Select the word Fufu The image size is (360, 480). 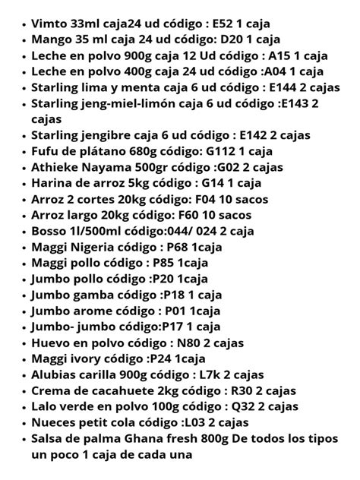47,152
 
